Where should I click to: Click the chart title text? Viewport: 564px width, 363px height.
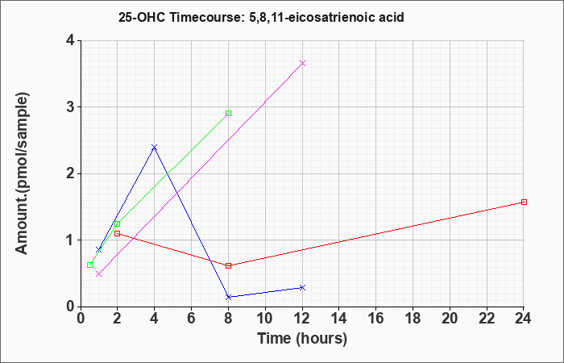tap(261, 17)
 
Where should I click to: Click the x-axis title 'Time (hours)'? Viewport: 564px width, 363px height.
tap(302, 339)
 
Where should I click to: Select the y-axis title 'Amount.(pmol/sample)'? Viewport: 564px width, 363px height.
tap(23, 173)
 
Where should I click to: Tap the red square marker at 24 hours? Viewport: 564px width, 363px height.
tap(524, 202)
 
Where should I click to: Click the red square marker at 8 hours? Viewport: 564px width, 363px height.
tap(228, 265)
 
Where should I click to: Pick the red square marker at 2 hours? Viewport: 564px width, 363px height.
tap(118, 233)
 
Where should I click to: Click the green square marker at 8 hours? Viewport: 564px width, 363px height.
tap(228, 114)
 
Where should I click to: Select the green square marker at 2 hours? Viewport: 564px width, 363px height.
tap(118, 224)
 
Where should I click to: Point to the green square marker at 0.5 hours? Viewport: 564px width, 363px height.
tap(90, 265)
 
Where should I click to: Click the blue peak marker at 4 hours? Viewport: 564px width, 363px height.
tap(155, 147)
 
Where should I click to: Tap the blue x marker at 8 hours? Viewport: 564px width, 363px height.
tap(228, 297)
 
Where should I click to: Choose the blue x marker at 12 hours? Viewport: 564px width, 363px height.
tap(302, 287)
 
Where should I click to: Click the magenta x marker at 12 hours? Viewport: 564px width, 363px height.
tap(302, 64)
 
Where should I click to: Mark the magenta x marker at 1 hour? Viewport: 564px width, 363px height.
tap(99, 274)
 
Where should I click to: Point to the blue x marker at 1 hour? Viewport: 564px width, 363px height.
tap(99, 250)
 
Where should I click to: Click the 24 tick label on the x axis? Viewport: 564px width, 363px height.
tap(524, 319)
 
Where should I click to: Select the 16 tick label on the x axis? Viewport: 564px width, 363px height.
tap(376, 319)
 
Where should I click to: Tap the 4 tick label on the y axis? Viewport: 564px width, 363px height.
tap(71, 40)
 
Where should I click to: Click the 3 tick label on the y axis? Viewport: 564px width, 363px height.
tap(71, 107)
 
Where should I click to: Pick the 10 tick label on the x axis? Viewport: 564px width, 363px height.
tap(265, 319)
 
